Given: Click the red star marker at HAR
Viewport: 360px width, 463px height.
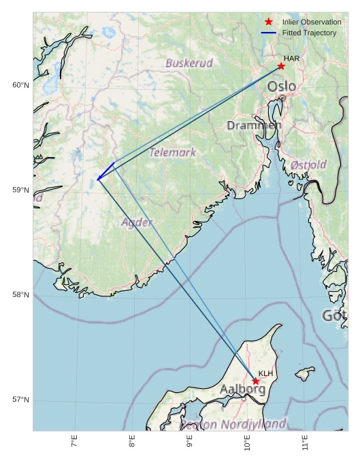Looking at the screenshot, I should pos(281,66).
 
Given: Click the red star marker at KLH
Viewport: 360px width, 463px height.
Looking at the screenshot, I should pos(256,381).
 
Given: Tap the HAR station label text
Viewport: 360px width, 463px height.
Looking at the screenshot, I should pos(291,58).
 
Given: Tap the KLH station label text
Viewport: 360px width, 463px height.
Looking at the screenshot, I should pos(265,373).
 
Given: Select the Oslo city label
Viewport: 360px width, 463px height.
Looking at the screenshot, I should pos(281,86).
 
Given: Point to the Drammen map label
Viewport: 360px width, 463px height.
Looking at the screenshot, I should pos(254,126).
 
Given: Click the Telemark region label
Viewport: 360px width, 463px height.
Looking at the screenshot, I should pos(173,152).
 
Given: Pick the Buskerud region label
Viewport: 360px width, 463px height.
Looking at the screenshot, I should pos(189,63).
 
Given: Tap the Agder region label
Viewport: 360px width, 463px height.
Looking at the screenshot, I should pos(137,222).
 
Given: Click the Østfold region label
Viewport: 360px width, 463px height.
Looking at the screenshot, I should pos(308,165).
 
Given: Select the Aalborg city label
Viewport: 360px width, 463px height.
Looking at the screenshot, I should pos(242,390).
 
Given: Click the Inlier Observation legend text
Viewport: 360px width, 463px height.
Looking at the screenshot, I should pos(312,22).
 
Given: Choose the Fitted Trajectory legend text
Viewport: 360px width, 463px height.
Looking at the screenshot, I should pos(309,33).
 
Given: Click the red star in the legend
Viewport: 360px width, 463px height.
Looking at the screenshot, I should pos(268,22).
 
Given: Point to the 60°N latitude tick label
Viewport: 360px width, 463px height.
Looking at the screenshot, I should pos(20,85).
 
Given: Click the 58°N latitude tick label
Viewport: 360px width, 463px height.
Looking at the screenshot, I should pos(20,294).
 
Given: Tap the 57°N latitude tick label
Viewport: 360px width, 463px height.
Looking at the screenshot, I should pos(20,399).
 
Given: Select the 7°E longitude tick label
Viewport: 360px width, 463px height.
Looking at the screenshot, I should pos(74,443).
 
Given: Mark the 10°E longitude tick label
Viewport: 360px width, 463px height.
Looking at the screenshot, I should pos(247,443).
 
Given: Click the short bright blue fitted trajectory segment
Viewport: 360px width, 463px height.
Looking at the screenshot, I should pos(105,171).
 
